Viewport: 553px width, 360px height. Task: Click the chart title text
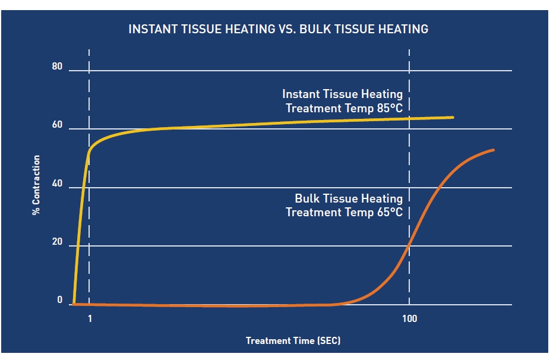278,29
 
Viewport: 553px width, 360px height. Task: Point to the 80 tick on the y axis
57,67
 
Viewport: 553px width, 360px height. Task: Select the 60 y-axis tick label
57,125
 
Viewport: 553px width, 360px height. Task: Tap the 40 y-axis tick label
57,184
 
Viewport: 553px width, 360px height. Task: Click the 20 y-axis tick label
57,242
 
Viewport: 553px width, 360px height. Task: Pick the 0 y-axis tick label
59,300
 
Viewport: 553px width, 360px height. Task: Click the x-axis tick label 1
90,319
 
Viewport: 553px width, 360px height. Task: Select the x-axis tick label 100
409,319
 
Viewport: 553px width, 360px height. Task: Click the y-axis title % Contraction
36,185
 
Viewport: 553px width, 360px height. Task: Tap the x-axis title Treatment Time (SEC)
293,340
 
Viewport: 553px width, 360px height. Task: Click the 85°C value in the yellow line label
390,108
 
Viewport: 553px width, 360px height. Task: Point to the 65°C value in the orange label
390,212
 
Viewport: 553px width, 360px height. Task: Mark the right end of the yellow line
453,118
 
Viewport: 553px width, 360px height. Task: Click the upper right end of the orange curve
493,150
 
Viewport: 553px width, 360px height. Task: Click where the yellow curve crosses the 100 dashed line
409,118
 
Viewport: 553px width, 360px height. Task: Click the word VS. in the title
287,29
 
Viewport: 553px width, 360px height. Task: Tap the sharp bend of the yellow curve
90,150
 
